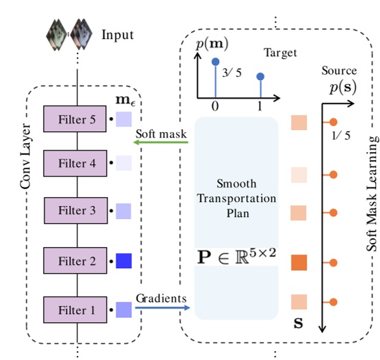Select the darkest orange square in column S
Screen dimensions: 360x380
[x=299, y=261]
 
